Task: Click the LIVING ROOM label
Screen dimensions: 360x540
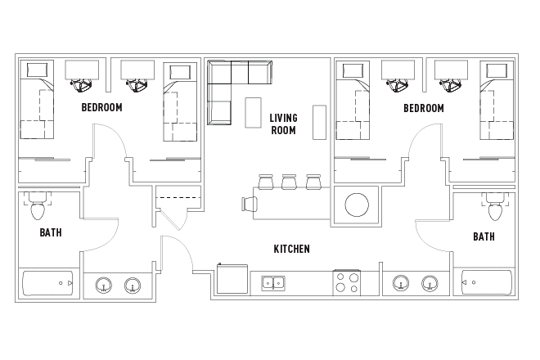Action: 283,124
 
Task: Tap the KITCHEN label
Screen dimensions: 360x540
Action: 291,249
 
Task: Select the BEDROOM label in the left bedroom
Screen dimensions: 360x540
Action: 101,107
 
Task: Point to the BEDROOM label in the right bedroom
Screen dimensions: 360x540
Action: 423,108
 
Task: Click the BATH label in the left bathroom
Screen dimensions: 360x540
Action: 51,233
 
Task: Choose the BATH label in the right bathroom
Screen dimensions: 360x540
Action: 483,236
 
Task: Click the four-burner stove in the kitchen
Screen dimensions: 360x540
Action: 347,284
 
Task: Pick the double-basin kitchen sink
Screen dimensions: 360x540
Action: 273,284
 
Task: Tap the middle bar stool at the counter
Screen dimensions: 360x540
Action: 289,181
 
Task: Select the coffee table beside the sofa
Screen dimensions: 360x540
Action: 253,112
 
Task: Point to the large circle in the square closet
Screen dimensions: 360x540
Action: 358,204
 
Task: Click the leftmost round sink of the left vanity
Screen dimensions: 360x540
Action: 104,285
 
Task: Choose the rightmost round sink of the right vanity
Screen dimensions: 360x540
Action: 429,285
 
